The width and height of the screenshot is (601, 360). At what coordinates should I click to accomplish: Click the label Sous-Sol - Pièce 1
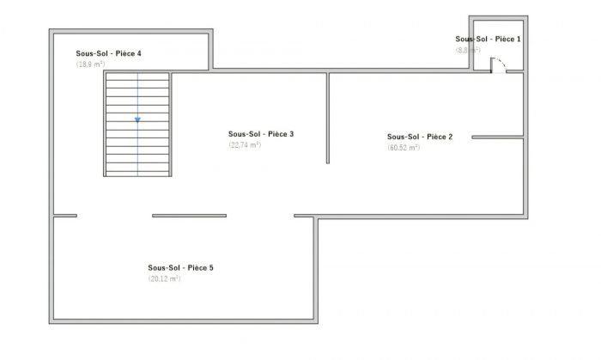click(488, 40)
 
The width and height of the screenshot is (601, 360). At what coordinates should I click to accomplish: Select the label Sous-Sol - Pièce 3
click(261, 134)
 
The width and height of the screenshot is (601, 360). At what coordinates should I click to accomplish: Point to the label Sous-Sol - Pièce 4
click(108, 53)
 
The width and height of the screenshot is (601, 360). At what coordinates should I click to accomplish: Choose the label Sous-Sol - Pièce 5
click(180, 268)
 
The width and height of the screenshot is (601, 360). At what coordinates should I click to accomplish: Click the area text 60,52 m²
click(403, 148)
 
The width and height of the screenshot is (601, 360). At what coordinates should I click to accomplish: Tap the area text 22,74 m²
click(245, 145)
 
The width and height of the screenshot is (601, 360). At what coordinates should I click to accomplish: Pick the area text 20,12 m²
click(164, 279)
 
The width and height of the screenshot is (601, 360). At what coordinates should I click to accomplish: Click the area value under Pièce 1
click(468, 51)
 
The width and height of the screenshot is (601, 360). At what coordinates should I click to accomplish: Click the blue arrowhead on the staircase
click(137, 120)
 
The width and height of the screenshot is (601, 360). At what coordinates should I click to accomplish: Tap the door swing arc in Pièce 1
click(499, 63)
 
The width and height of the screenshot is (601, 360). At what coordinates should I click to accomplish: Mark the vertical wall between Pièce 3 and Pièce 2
click(328, 118)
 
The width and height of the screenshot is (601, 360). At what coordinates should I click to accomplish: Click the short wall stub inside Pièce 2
click(497, 137)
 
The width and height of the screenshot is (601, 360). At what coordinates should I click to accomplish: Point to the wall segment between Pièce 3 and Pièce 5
click(189, 216)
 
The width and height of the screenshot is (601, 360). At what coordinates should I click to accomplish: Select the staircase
click(137, 125)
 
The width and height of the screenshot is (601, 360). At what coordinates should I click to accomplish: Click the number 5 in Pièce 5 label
click(210, 268)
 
